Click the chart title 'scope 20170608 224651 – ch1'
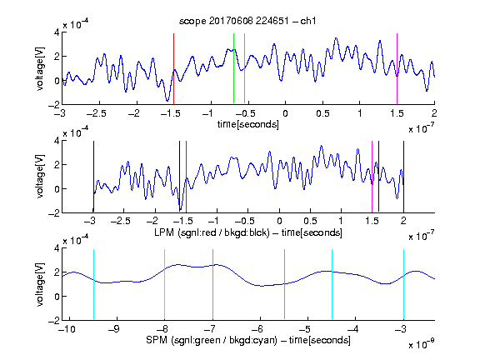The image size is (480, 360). pos(247,21)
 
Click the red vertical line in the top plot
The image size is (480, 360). pos(173,68)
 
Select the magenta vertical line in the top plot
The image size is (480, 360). pos(397,68)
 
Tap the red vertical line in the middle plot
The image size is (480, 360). pos(186,177)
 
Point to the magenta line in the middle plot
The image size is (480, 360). pos(372,177)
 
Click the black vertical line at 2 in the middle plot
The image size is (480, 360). pos(403,177)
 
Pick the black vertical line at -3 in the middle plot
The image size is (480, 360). pos(93,177)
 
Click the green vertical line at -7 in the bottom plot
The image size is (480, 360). pos(212,284)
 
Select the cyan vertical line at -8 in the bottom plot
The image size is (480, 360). pos(165,284)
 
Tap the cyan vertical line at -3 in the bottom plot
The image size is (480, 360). pos(403,284)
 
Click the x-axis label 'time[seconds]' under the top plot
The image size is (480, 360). pos(248,124)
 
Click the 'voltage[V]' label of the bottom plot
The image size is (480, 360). pos(40,284)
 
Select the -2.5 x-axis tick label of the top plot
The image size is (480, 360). pos(96,113)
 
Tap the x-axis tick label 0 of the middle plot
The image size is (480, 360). pos(279,221)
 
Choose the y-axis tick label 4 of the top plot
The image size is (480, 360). pos(57,32)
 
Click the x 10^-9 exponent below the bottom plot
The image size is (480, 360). pos(421,344)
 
